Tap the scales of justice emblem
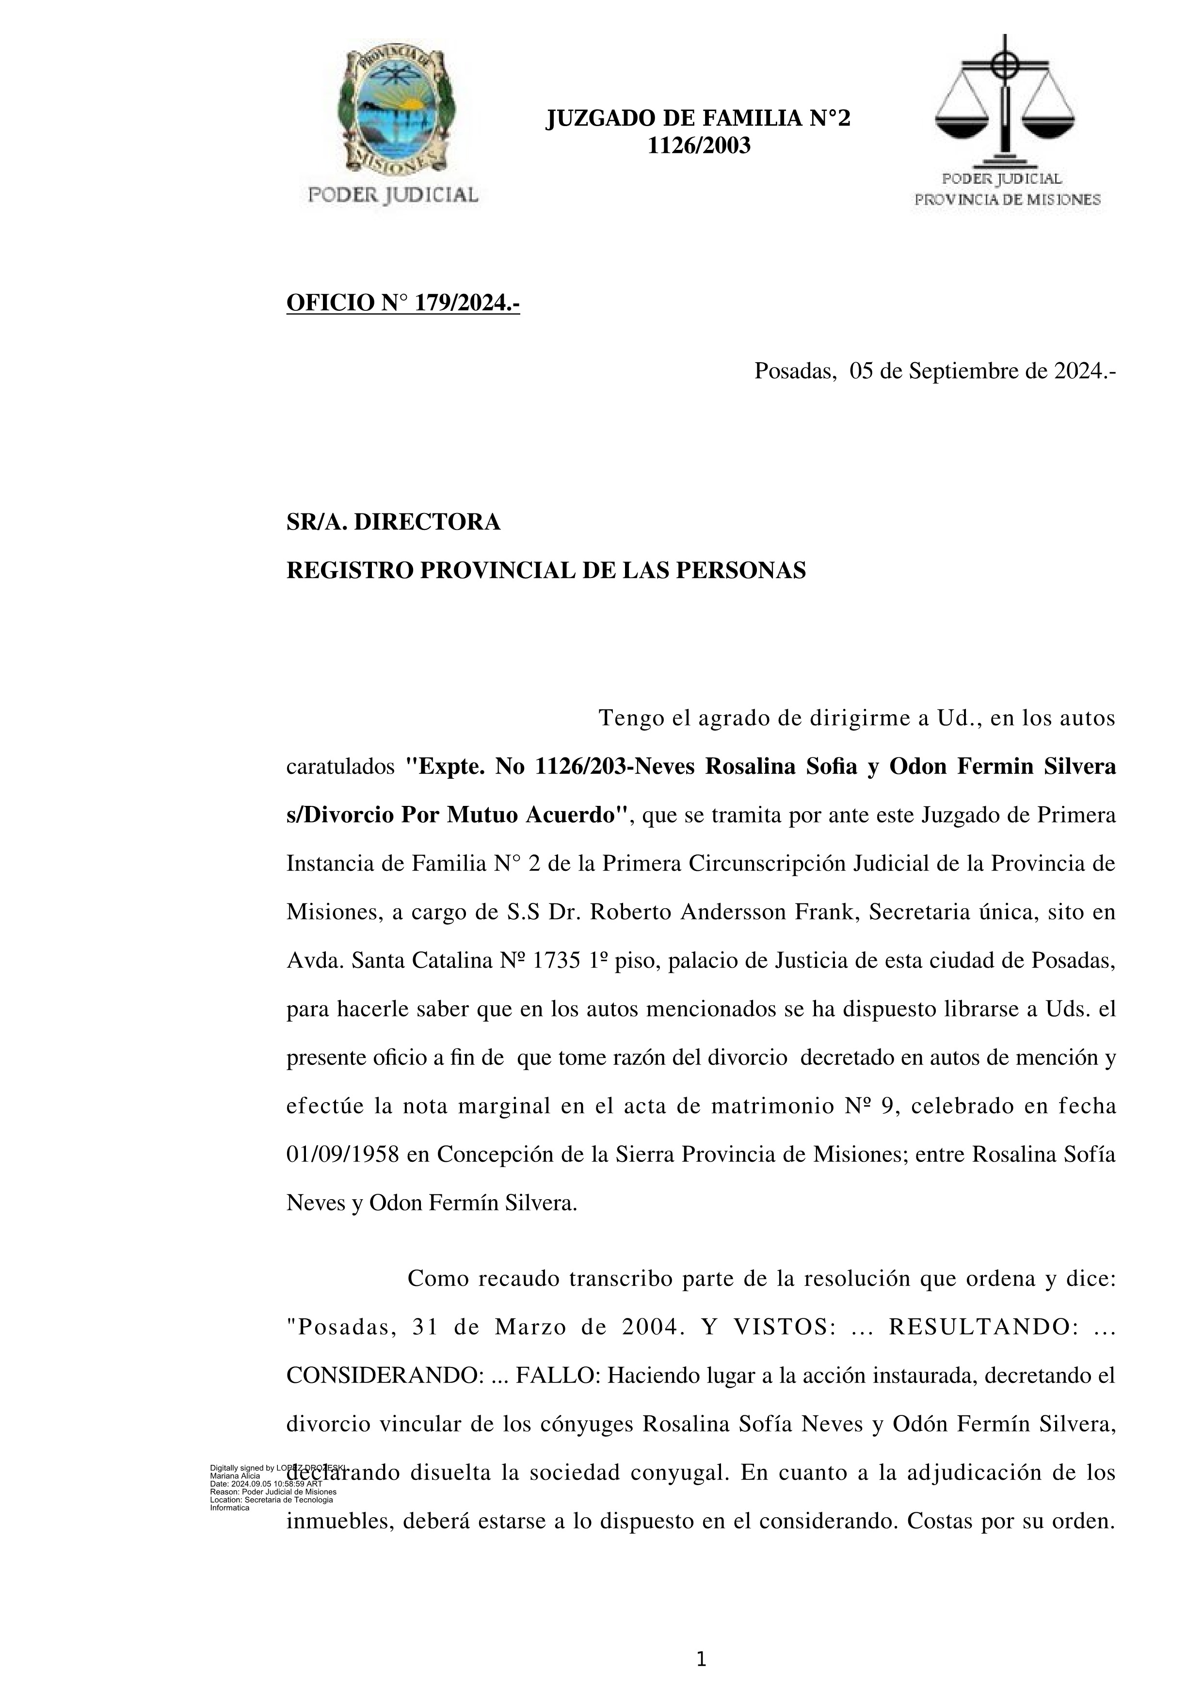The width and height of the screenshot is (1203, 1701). pyautogui.click(x=1005, y=100)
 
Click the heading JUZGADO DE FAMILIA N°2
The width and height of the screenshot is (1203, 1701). pyautogui.click(x=698, y=118)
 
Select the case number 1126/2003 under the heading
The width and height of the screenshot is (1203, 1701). pyautogui.click(x=699, y=146)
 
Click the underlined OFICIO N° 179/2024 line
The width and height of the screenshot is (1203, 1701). pyautogui.click(x=403, y=303)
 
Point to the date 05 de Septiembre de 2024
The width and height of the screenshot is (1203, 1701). pyautogui.click(x=981, y=371)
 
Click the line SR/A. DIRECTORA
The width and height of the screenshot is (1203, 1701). pyautogui.click(x=393, y=522)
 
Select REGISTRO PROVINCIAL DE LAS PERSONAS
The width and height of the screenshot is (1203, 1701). pyautogui.click(x=546, y=570)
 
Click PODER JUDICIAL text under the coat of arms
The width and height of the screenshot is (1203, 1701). pyautogui.click(x=393, y=195)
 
